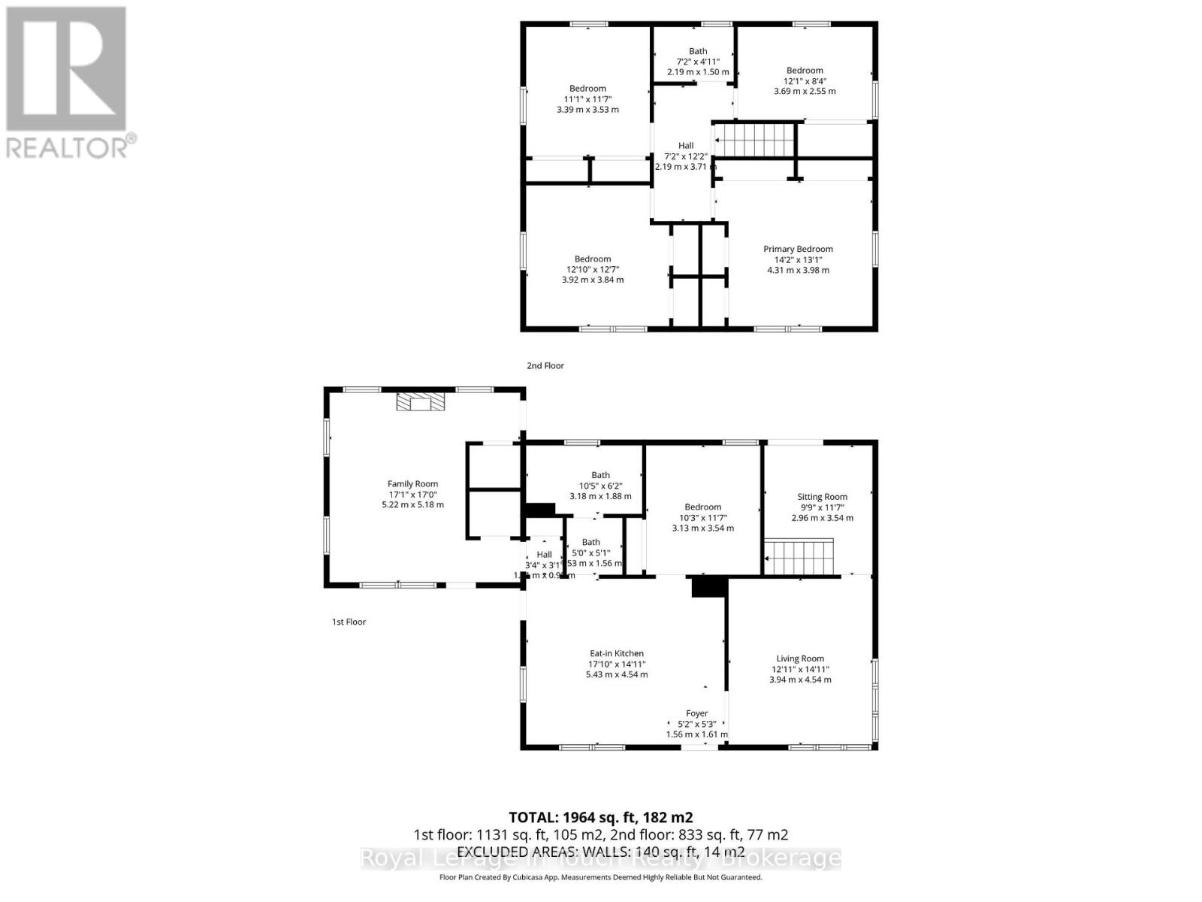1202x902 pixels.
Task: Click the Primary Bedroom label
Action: coord(798,250)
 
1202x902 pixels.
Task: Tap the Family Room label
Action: coord(412,484)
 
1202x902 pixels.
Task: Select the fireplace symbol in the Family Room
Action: coord(421,403)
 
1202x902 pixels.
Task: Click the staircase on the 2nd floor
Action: coord(754,141)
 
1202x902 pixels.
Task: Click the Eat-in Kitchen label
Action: coord(616,654)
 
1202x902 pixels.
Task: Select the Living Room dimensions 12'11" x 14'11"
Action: coord(799,669)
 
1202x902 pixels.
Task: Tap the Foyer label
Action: coord(696,713)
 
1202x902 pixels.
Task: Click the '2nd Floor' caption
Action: coord(545,366)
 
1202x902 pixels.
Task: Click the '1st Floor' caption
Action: coord(349,622)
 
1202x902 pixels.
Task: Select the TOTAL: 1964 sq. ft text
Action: coord(600,817)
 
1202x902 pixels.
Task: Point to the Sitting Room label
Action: coord(822,497)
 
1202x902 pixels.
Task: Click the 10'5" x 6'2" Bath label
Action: coord(600,475)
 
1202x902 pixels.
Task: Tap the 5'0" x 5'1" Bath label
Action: coord(591,542)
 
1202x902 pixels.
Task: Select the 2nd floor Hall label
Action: coord(685,146)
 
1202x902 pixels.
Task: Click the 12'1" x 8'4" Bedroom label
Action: coord(805,71)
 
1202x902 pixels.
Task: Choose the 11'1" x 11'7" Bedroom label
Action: coord(587,89)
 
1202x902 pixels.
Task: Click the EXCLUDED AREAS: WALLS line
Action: coord(600,852)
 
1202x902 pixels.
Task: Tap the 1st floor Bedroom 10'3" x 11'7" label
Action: coord(702,507)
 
